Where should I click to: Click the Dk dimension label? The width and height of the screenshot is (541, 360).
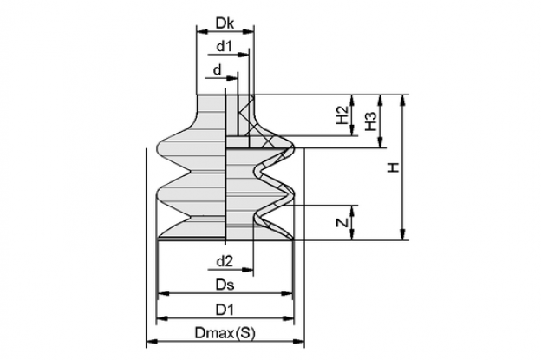click(x=225, y=23)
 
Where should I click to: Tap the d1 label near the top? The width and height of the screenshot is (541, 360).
click(x=225, y=46)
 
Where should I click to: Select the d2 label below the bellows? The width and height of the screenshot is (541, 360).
click(x=225, y=261)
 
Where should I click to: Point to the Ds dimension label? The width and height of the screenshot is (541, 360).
click(x=225, y=285)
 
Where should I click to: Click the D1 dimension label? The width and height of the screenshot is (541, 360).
click(x=225, y=310)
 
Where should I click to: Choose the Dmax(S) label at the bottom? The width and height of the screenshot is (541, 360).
click(x=225, y=333)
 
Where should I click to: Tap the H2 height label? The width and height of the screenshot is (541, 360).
click(x=342, y=115)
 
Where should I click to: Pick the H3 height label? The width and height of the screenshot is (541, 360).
click(x=370, y=121)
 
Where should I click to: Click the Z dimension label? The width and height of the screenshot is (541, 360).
click(x=342, y=223)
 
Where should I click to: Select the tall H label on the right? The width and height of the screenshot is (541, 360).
click(x=393, y=167)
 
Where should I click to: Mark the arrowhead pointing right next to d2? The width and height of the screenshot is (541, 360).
click(x=248, y=270)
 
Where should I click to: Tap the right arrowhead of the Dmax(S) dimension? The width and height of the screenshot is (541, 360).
click(x=298, y=342)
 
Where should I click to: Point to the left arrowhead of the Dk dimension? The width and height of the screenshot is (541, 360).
click(x=203, y=32)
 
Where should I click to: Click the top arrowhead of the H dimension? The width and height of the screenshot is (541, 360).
click(x=402, y=100)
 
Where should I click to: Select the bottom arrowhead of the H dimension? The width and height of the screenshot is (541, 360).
click(x=402, y=234)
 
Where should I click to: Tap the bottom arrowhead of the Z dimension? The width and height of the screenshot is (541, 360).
click(x=352, y=234)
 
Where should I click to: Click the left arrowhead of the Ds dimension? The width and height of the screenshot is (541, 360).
click(x=163, y=294)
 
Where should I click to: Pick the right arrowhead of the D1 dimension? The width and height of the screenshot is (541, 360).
click(x=288, y=318)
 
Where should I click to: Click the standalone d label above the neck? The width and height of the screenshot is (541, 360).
click(x=217, y=70)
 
